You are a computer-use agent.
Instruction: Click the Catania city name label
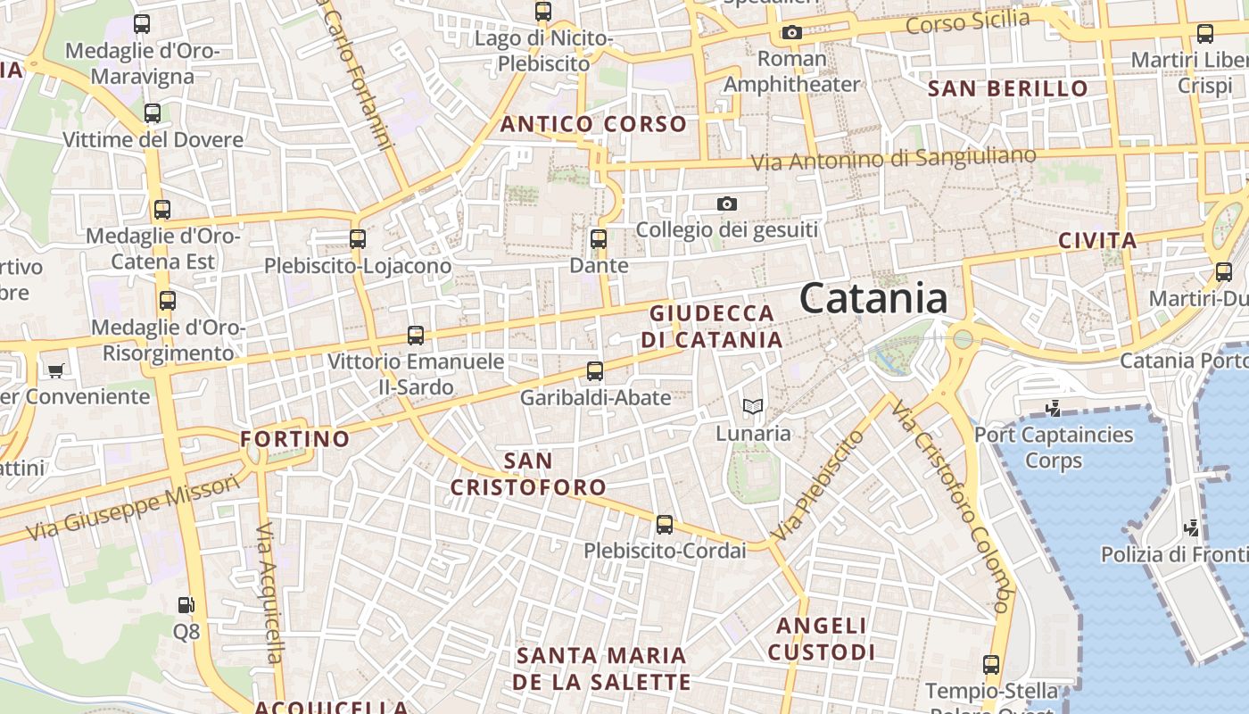(x=873, y=298)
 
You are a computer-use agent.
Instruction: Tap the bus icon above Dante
(x=599, y=239)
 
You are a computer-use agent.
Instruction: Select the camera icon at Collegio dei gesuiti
(x=727, y=204)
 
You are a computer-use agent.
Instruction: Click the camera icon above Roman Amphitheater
(x=791, y=33)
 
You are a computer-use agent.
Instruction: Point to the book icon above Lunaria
(x=753, y=407)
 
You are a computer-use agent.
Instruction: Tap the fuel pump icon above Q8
(x=186, y=605)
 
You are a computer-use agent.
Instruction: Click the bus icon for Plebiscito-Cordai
(x=665, y=525)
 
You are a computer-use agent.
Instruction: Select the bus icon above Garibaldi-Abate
(x=595, y=371)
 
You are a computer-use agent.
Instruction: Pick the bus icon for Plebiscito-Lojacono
(x=358, y=239)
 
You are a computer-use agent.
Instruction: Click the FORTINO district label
(x=295, y=439)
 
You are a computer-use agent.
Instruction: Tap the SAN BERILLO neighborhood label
(x=1008, y=88)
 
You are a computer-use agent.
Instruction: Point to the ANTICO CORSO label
(x=593, y=124)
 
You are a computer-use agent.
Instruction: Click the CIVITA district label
(x=1097, y=240)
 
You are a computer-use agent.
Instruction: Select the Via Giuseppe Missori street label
(x=134, y=507)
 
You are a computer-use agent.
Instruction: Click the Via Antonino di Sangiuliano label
(x=893, y=159)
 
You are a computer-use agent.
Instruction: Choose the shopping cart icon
(x=56, y=370)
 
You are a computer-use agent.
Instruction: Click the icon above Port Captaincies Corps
(x=1053, y=409)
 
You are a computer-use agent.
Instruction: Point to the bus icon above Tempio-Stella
(x=991, y=665)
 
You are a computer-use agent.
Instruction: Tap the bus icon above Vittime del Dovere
(x=153, y=113)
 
